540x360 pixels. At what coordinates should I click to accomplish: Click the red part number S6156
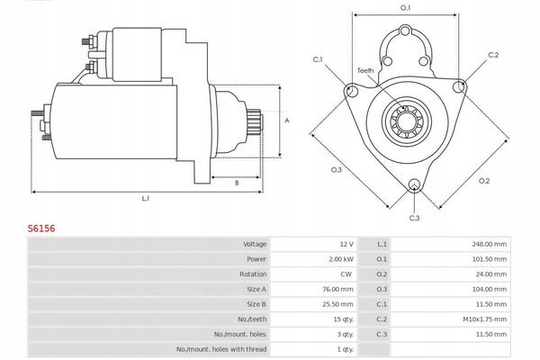click(x=41, y=229)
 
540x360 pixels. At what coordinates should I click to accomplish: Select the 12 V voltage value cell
click(x=346, y=244)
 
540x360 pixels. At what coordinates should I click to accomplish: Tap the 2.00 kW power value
click(x=341, y=259)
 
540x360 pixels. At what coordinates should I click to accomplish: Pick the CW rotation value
click(x=346, y=274)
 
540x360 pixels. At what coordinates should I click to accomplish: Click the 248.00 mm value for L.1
click(x=490, y=244)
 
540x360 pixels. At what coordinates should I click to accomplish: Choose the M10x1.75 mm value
click(x=484, y=319)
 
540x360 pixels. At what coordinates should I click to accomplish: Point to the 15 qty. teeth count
click(x=344, y=319)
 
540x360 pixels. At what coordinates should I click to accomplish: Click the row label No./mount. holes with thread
click(x=221, y=349)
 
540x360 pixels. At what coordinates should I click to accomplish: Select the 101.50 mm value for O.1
click(x=490, y=259)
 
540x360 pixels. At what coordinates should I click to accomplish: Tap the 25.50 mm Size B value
click(x=337, y=304)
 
